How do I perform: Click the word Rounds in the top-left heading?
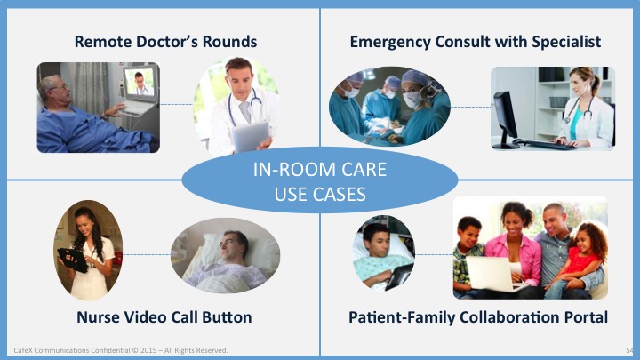point(230,42)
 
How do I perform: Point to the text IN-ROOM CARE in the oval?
point(320,170)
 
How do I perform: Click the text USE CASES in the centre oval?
point(320,195)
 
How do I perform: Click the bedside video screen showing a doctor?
point(140,83)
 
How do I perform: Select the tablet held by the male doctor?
point(251,136)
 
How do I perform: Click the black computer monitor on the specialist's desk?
point(505,117)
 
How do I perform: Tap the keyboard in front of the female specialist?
point(546,144)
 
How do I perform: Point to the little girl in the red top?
point(584,255)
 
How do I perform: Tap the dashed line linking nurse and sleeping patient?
point(147,255)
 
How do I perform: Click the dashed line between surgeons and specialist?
point(470,107)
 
